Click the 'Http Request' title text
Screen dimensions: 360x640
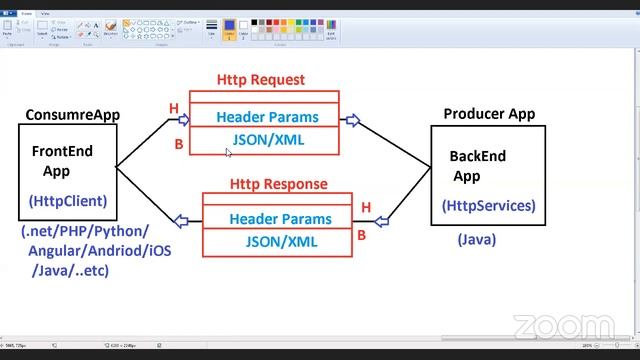(x=261, y=80)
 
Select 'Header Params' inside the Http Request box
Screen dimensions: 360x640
(x=267, y=117)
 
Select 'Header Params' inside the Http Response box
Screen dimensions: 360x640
(x=279, y=219)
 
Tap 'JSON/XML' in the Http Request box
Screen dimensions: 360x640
(x=268, y=140)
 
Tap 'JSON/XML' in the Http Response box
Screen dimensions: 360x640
(x=281, y=241)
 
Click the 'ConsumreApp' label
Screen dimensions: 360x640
(x=72, y=115)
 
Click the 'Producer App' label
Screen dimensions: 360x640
(x=489, y=114)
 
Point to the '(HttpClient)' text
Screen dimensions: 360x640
(x=68, y=201)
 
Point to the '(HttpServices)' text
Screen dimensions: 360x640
(x=489, y=206)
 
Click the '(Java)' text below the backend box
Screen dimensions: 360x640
(x=477, y=240)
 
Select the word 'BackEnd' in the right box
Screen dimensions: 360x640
(x=477, y=156)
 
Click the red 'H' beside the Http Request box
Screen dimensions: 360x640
(x=174, y=108)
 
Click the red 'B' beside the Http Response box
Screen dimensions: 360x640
(x=362, y=236)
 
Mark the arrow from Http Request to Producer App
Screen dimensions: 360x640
(x=352, y=121)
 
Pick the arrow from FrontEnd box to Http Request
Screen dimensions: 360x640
(x=184, y=120)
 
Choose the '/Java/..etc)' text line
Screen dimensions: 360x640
(x=70, y=270)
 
